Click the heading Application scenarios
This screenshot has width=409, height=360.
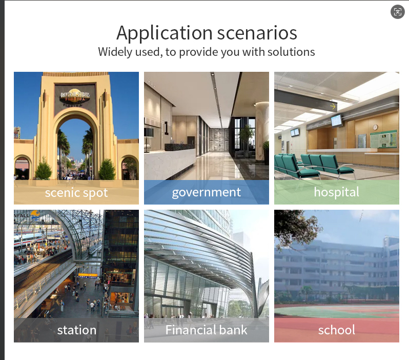click(x=207, y=33)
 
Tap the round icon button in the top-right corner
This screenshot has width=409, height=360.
click(x=398, y=12)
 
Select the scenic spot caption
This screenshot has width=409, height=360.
click(x=76, y=193)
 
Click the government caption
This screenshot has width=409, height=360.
click(x=207, y=192)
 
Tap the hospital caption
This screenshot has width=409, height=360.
click(x=337, y=192)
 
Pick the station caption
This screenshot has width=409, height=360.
click(x=77, y=330)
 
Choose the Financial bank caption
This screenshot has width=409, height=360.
click(x=207, y=330)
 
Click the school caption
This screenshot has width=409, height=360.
click(x=337, y=330)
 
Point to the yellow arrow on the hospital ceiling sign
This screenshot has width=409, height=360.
click(x=333, y=106)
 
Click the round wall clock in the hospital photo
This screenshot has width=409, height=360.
click(x=375, y=127)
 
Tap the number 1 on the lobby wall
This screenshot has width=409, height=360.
click(x=166, y=128)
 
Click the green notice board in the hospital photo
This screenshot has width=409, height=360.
click(x=383, y=139)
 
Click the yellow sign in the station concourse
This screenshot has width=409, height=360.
click(x=88, y=275)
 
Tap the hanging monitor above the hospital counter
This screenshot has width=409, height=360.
click(x=337, y=121)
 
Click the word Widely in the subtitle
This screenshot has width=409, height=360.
click(x=115, y=52)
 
